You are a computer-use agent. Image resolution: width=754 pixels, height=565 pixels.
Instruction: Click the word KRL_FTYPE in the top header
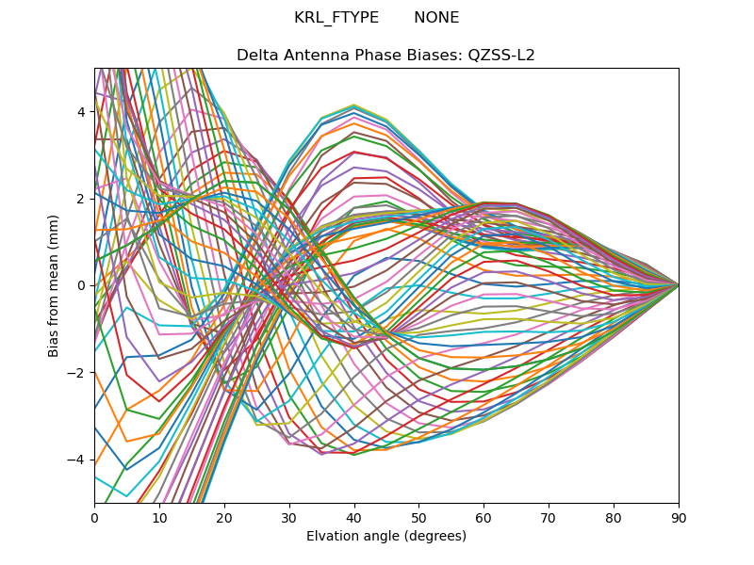click(x=336, y=18)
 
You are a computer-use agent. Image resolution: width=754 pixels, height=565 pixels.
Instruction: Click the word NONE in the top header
click(x=436, y=18)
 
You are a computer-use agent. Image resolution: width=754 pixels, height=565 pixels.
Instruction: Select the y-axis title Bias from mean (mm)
click(x=55, y=285)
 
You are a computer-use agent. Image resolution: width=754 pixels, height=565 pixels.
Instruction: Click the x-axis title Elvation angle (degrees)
click(x=386, y=536)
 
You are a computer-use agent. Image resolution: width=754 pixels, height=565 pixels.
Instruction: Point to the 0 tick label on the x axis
click(x=94, y=517)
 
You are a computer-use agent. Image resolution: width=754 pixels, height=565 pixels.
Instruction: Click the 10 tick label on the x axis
click(x=159, y=517)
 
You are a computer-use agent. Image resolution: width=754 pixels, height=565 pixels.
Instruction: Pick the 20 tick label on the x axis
click(x=224, y=517)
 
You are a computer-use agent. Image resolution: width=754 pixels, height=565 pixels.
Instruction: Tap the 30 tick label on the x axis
click(x=289, y=517)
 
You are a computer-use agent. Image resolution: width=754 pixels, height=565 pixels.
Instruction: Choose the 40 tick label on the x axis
click(x=354, y=517)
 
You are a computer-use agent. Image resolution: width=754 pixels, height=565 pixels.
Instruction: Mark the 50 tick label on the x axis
click(x=418, y=517)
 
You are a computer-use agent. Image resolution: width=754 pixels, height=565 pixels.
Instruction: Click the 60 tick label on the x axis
click(x=484, y=517)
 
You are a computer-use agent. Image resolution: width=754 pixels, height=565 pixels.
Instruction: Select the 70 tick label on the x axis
click(x=549, y=517)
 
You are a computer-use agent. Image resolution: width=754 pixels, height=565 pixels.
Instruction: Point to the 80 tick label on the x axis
click(x=614, y=517)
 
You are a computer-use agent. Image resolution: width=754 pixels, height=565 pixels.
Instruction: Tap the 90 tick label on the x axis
click(x=679, y=517)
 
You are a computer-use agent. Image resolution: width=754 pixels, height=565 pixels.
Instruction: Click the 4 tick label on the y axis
click(x=81, y=112)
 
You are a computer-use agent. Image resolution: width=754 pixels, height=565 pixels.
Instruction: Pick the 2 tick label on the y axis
click(x=81, y=199)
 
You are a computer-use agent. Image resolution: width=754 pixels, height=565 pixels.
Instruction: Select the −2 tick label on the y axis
click(x=77, y=373)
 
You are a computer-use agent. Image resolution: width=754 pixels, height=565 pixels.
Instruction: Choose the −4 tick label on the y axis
click(x=77, y=460)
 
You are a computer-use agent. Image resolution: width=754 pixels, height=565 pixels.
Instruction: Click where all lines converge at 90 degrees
click(x=678, y=285)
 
